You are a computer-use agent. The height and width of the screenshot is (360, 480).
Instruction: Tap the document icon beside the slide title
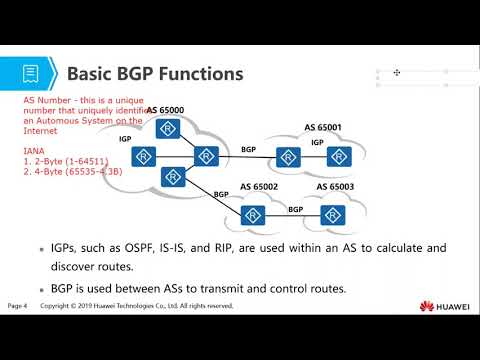coord(32,74)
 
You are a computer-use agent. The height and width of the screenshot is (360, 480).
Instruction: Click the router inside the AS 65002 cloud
coord(254,214)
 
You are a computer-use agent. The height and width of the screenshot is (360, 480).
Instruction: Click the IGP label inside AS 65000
coord(125,139)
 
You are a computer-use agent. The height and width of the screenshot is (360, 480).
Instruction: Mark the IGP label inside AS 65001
coord(316,143)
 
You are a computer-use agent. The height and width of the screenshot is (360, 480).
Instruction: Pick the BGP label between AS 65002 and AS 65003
coord(296,209)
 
